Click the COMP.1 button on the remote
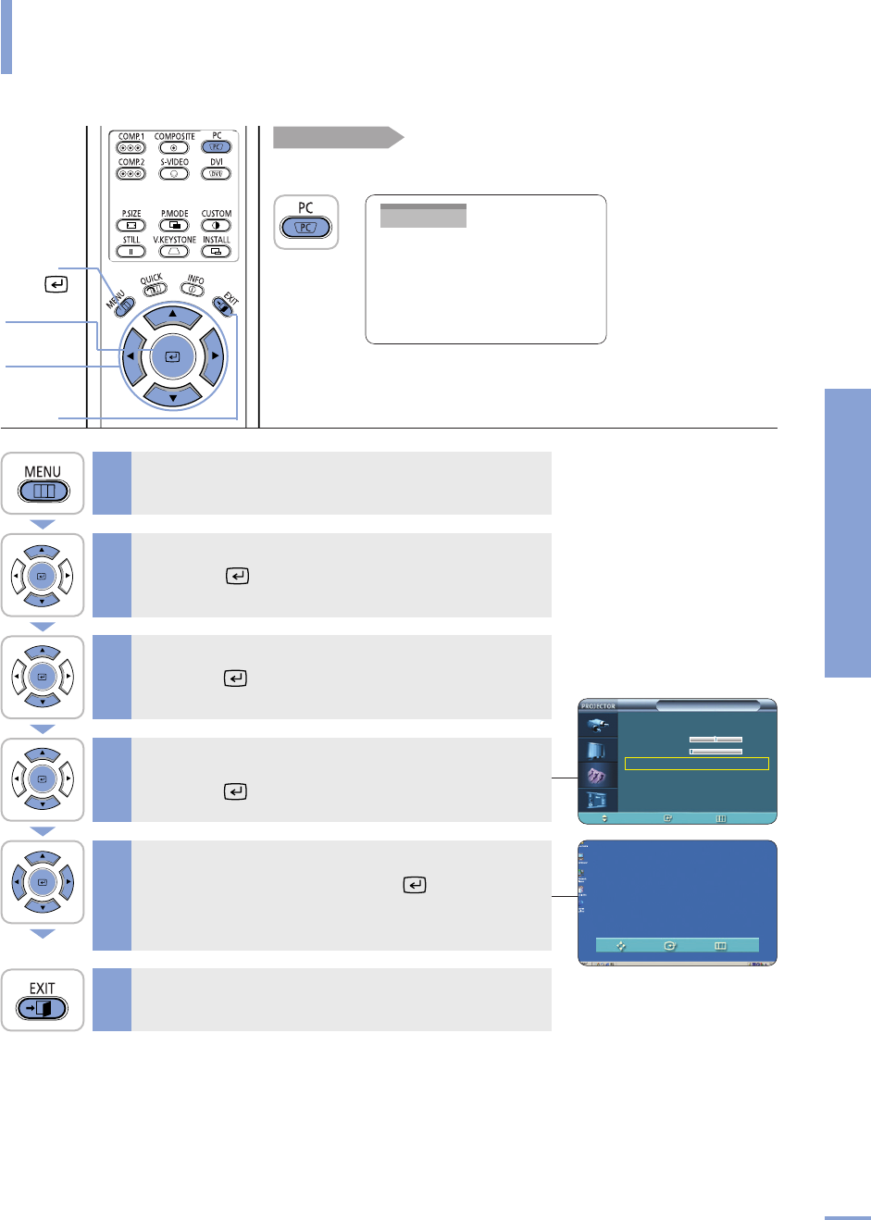pos(131,147)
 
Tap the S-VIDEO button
pos(173,173)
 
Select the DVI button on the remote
pos(216,173)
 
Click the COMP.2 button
pos(131,173)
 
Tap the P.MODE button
pos(173,225)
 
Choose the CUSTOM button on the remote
pos(216,225)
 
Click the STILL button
pos(131,251)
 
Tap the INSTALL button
pos(216,251)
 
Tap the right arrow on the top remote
pos(214,355)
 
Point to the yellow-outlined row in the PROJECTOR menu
pos(696,764)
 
